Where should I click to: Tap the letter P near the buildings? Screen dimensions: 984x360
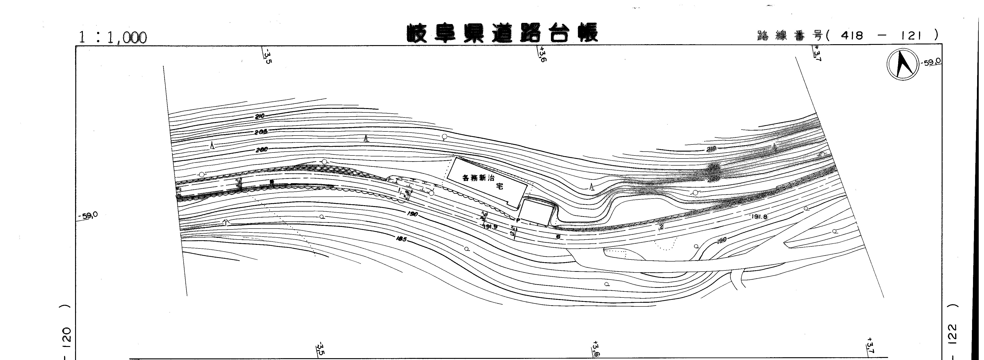[518, 221]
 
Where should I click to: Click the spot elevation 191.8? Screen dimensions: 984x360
[759, 217]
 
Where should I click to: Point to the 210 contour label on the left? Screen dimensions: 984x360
[260, 116]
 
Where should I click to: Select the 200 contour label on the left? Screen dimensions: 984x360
[261, 149]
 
